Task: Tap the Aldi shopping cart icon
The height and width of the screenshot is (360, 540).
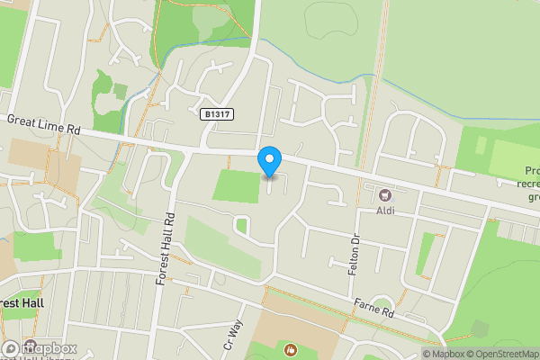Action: point(386,195)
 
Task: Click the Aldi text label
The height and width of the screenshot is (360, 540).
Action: point(387,211)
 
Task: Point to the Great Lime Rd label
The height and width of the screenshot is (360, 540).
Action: point(42,125)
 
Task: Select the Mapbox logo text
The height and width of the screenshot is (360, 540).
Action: point(49,348)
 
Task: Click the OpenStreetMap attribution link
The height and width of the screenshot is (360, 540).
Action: point(505,354)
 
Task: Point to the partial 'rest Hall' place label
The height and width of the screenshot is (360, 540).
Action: point(22,303)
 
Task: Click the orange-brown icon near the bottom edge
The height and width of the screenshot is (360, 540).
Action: point(290,348)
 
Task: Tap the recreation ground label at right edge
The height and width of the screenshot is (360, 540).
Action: point(532,184)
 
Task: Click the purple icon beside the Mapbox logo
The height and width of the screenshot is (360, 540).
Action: point(10,347)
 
